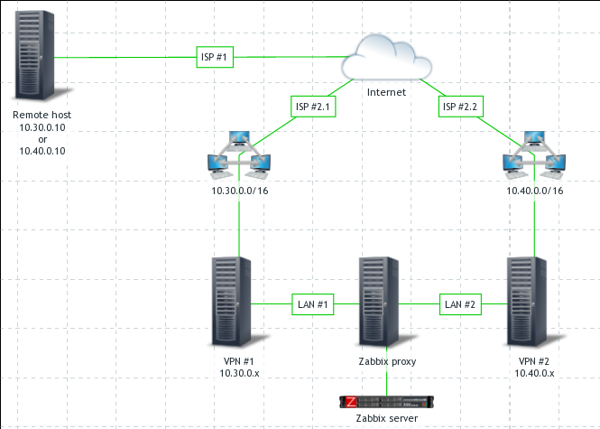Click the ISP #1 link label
tap(216, 58)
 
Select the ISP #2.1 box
tap(315, 107)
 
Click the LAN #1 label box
tap(312, 305)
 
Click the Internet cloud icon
tap(386, 58)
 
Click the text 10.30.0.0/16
tap(239, 191)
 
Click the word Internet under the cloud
tap(386, 92)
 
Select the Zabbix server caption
tap(386, 420)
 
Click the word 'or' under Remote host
tap(42, 139)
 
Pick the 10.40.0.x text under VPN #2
tap(534, 372)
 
